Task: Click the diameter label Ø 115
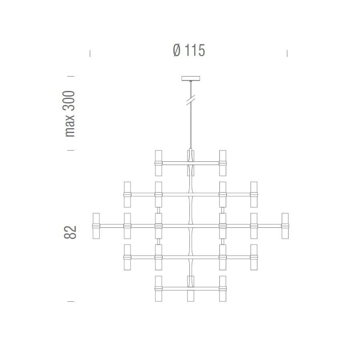pos(189,50)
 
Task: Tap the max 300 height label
pos(69,114)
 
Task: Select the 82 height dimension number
pos(70,232)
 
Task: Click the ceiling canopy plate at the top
pos(190,78)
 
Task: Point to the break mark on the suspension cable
pos(190,100)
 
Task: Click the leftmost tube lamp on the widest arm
pos(96,226)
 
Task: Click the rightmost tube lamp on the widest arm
pos(285,226)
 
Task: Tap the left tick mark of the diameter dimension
pos(90,54)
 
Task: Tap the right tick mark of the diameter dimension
pos(287,54)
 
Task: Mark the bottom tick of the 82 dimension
pos(71,301)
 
